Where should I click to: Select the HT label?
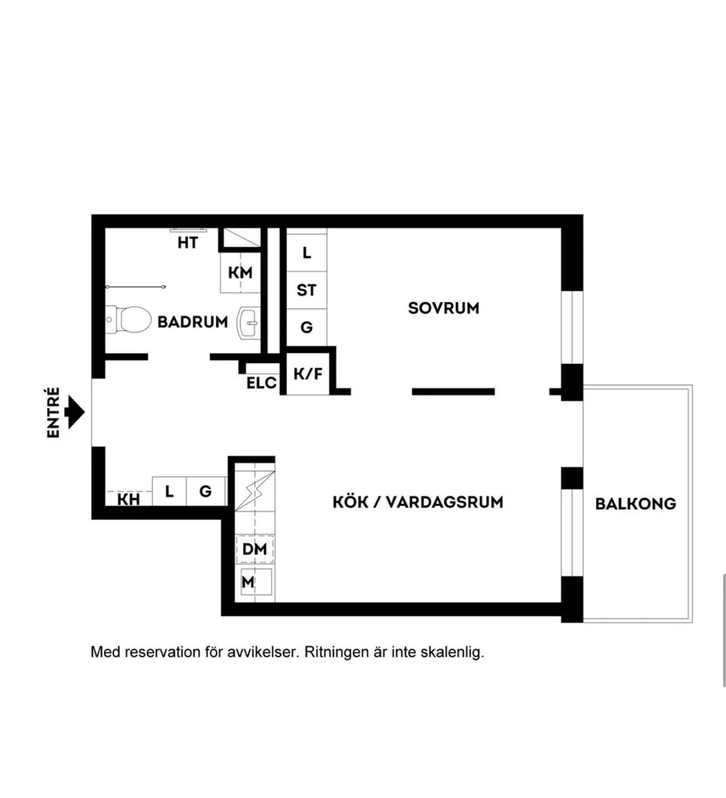click(x=188, y=243)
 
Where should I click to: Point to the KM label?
click(x=240, y=273)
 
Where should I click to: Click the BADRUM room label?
click(x=192, y=322)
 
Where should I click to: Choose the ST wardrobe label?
click(x=306, y=290)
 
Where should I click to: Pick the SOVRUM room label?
click(x=443, y=308)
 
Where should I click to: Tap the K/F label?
click(x=307, y=374)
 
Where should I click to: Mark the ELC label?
click(x=261, y=383)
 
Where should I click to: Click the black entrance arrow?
click(x=75, y=412)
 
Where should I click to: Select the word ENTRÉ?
click(x=54, y=413)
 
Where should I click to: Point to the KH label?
click(x=128, y=499)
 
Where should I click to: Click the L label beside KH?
click(x=169, y=491)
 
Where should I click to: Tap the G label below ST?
click(x=306, y=327)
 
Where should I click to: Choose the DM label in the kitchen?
click(x=254, y=549)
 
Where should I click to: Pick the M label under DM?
click(x=248, y=582)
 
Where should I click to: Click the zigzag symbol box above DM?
click(x=254, y=491)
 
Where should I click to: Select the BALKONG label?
click(x=635, y=504)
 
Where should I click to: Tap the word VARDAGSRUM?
click(x=445, y=502)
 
